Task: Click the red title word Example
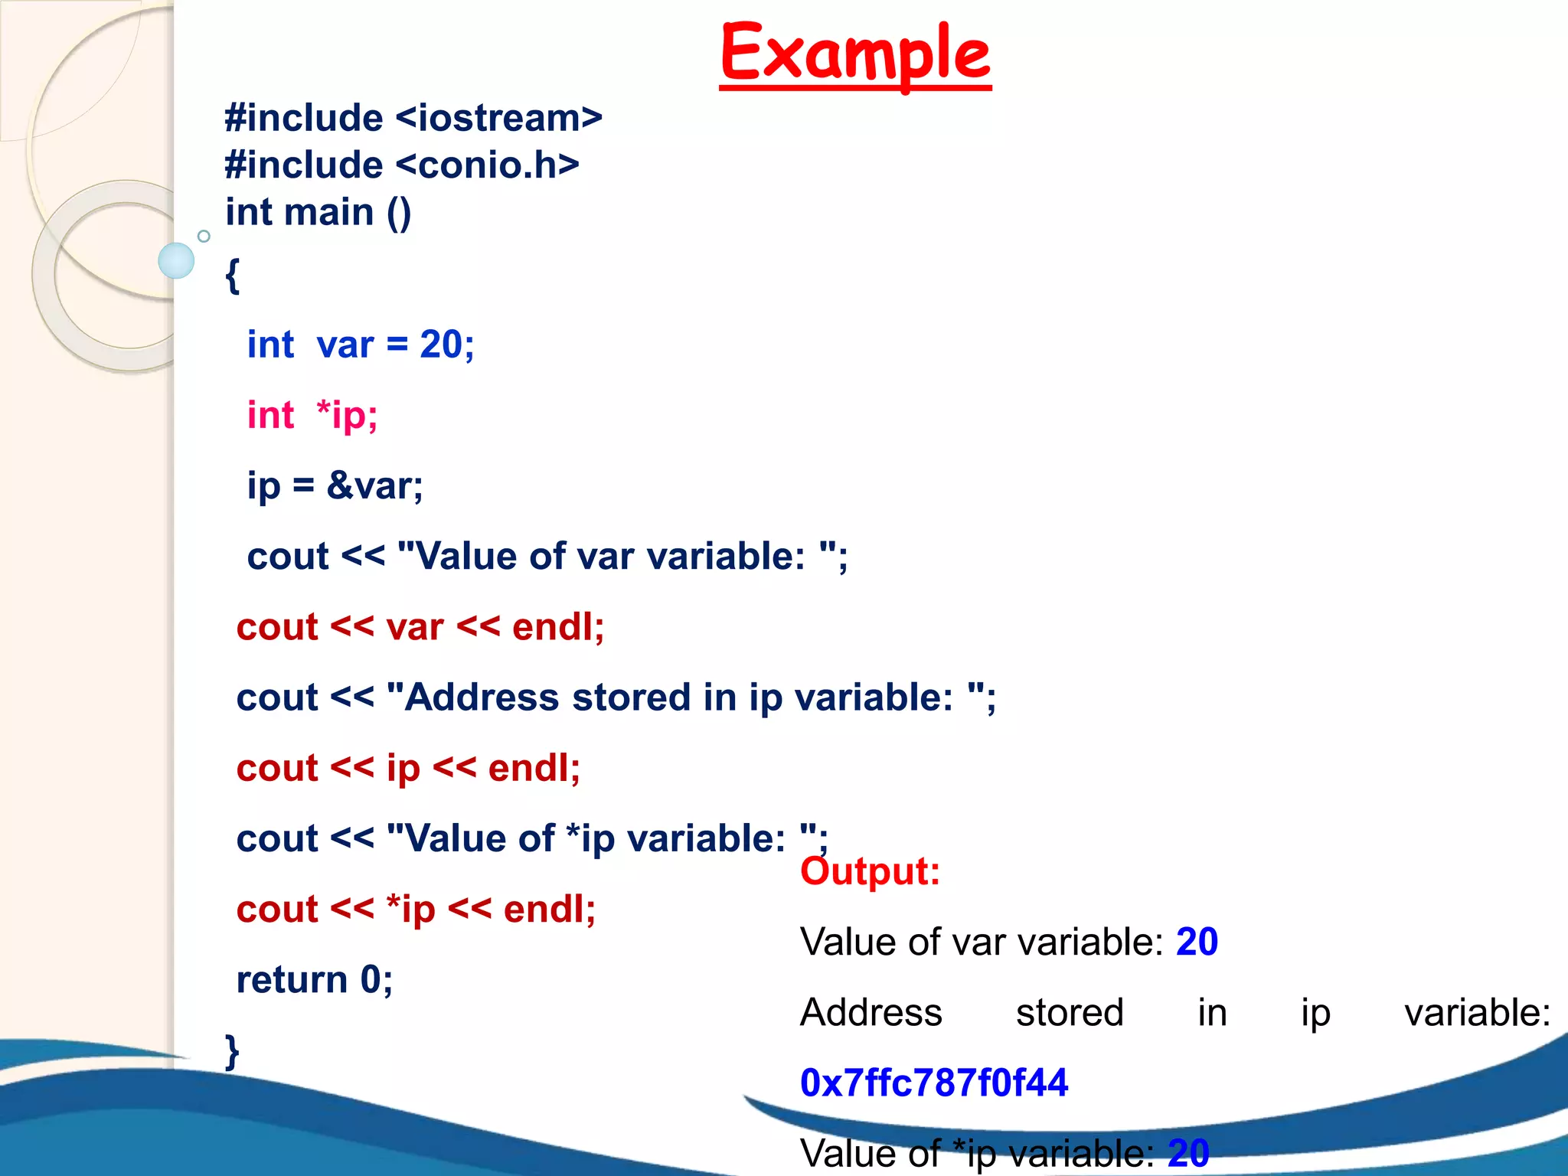855,53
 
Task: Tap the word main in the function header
329,212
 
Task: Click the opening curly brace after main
233,276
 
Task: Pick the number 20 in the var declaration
441,345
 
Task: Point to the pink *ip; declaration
347,416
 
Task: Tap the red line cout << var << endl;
420,627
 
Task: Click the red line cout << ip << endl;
408,768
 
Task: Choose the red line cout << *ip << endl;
416,910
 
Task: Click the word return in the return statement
292,980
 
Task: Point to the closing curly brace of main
232,1050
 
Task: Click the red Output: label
870,871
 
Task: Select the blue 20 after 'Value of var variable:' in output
1197,942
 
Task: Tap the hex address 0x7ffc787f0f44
933,1083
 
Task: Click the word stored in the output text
1070,1013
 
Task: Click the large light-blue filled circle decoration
176,261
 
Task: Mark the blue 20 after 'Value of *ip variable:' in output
1188,1153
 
